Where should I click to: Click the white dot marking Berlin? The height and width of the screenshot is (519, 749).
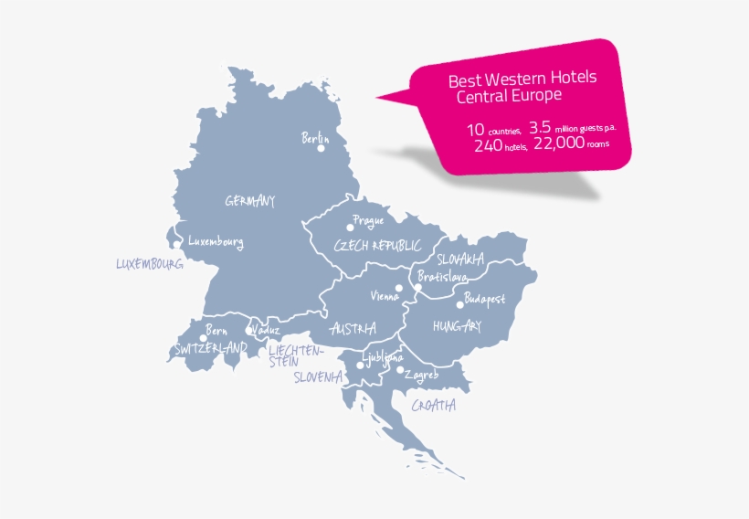322,148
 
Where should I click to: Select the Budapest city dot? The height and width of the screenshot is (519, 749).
459,305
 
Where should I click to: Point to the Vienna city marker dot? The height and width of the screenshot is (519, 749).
399,288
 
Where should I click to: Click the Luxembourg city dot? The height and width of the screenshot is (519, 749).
176,244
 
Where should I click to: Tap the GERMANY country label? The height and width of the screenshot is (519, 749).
249,201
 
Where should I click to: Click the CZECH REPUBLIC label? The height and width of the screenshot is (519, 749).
377,246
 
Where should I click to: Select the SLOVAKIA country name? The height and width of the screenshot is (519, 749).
460,259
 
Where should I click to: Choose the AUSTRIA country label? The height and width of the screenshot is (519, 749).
353,328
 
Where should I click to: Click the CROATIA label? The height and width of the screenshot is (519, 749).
433,406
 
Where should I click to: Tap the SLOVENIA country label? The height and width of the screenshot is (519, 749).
318,376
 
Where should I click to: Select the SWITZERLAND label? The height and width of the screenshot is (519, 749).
211,349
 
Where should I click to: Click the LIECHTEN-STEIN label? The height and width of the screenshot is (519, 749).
294,355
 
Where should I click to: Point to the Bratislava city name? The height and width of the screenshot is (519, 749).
442,276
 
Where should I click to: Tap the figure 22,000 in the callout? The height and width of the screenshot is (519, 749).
558,143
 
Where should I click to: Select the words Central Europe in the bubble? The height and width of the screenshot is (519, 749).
509,95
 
